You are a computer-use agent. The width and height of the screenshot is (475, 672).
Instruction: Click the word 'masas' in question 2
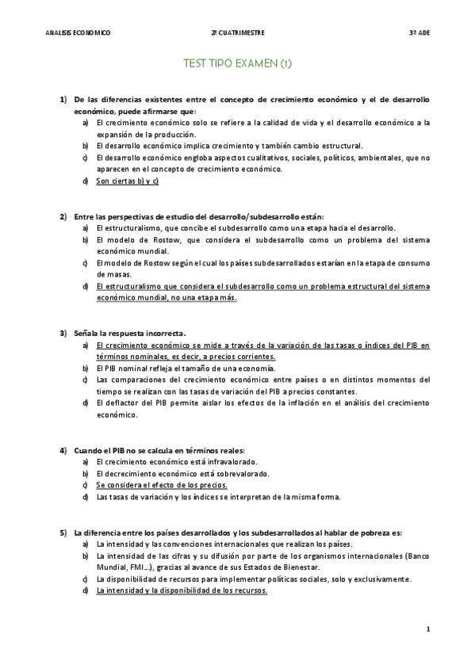[106, 273]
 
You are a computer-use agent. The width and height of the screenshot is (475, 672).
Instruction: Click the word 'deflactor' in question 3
[121, 403]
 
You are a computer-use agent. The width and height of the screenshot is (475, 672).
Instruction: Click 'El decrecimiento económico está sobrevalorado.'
[183, 473]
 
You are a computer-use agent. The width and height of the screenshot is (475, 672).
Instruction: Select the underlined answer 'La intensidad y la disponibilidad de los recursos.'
[182, 590]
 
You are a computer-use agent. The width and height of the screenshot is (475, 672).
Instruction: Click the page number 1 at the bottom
[427, 630]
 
